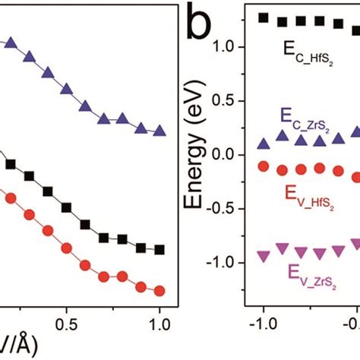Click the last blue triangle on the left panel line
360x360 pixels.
point(159,131)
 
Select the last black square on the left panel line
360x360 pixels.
point(159,250)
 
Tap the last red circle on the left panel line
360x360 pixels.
point(159,290)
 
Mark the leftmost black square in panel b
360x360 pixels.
point(264,17)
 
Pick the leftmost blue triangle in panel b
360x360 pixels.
point(264,144)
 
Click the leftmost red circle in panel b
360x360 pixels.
point(264,166)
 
